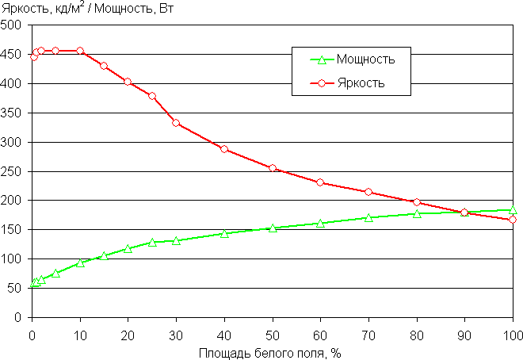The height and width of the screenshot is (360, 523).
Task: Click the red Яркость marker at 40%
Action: (224, 149)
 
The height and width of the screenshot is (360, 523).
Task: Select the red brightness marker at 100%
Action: (513, 220)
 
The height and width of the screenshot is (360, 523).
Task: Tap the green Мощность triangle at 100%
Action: (513, 210)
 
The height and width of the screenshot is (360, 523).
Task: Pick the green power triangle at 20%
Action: (128, 249)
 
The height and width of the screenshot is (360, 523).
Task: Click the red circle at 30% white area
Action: (176, 123)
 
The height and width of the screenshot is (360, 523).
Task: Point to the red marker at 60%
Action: (320, 182)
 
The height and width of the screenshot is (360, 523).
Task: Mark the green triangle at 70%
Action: (368, 217)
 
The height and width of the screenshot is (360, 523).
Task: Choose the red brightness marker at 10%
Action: (80, 51)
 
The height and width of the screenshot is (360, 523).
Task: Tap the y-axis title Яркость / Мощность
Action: (99, 10)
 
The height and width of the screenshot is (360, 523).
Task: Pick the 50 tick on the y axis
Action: (14, 288)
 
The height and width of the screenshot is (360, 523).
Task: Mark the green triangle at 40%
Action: (224, 234)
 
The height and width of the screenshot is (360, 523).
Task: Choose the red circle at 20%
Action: (128, 82)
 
